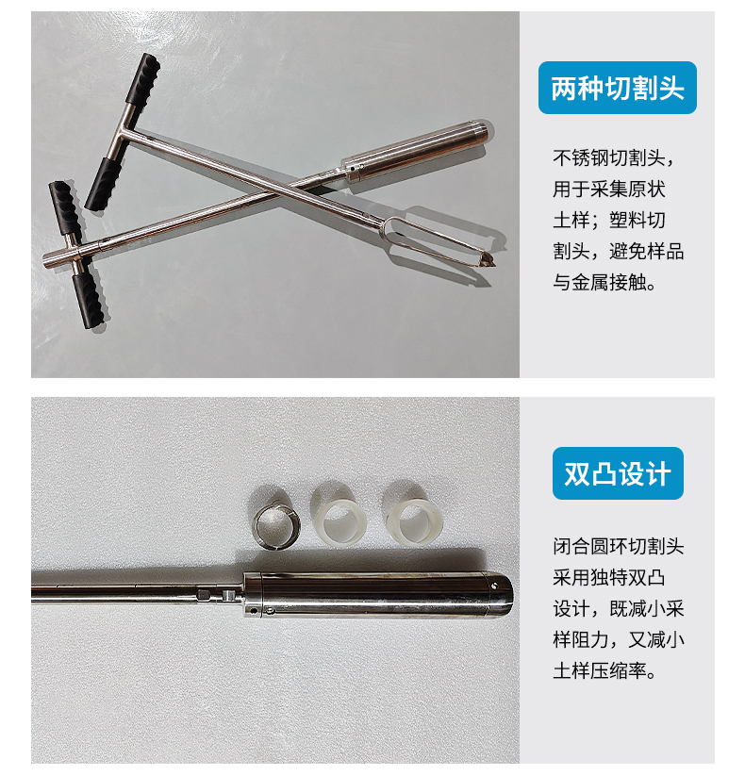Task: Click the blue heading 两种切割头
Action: pyautogui.click(x=618, y=88)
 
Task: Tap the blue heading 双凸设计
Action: pyautogui.click(x=618, y=473)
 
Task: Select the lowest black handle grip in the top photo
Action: pyautogui.click(x=91, y=300)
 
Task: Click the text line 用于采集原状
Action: pyautogui.click(x=609, y=190)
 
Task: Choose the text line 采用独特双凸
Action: pyautogui.click(x=609, y=578)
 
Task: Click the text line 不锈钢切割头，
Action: pyautogui.click(x=614, y=158)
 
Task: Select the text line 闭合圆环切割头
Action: pyautogui.click(x=619, y=546)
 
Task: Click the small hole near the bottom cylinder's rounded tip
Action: pyautogui.click(x=494, y=586)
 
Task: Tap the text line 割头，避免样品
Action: pyautogui.click(x=619, y=252)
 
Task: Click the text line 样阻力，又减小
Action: pyautogui.click(x=619, y=639)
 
